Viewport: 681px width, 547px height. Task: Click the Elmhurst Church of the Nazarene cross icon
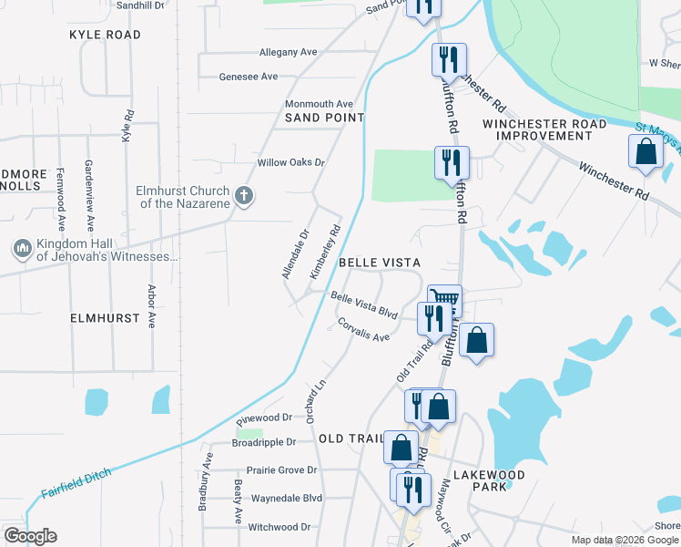point(243,195)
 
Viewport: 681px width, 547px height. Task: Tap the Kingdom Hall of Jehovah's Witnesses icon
point(22,247)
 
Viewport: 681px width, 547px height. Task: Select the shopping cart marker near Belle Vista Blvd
point(444,299)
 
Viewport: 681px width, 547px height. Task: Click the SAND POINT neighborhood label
point(324,118)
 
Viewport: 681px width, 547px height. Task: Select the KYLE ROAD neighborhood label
point(105,35)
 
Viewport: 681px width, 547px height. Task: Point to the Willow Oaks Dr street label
point(290,162)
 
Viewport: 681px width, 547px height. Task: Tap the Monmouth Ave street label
point(319,104)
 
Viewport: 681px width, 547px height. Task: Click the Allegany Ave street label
point(288,52)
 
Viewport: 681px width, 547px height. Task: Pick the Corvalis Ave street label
point(363,330)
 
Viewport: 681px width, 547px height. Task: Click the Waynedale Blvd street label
point(287,498)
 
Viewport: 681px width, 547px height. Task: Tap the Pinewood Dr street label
point(262,418)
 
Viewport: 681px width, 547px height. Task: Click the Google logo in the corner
point(30,536)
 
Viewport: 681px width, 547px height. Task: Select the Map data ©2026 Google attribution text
point(624,540)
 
